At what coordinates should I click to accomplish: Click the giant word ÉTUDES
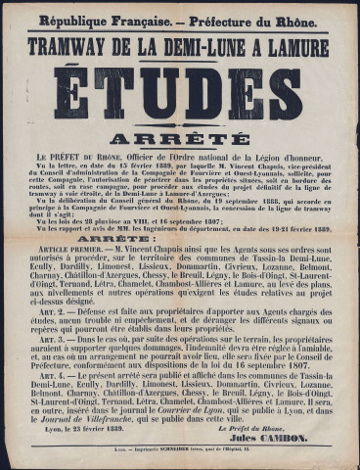(179, 96)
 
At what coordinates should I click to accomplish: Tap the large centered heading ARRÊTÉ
(179, 138)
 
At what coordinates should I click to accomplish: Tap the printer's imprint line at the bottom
(179, 457)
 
